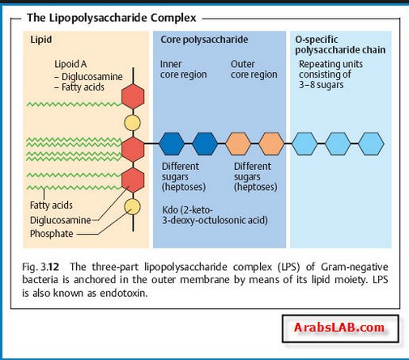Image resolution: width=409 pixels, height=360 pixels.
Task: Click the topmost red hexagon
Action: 133,96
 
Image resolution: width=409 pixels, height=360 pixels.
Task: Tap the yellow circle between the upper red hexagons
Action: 132,123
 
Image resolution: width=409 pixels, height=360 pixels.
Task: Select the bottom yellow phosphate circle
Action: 132,207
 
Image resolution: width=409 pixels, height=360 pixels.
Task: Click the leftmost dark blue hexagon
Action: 172,144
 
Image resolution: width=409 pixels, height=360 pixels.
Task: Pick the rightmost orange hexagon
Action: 271,144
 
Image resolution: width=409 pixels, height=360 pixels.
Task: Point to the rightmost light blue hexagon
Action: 372,144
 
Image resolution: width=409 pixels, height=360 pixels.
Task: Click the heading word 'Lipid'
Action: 41,40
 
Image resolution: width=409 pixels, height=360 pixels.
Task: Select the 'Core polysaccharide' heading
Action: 204,40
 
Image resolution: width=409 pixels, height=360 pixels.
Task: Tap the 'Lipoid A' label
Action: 70,64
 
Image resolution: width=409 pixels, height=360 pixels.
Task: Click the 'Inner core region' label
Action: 184,69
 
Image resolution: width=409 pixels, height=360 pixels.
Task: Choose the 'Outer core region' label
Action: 254,69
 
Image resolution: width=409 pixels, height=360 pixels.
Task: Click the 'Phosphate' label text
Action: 52,234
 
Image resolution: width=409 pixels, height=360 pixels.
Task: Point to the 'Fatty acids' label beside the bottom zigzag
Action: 51,205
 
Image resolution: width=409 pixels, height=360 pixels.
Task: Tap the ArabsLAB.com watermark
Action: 339,328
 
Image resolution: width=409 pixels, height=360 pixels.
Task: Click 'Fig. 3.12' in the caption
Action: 40,267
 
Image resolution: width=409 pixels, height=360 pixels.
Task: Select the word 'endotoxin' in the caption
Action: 124,293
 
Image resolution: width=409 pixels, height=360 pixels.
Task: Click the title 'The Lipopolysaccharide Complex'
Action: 112,18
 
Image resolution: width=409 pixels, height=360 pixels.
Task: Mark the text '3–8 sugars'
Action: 322,85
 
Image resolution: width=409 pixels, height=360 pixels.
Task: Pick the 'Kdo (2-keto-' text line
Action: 188,210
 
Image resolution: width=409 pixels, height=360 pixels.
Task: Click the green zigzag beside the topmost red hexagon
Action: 75,104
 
